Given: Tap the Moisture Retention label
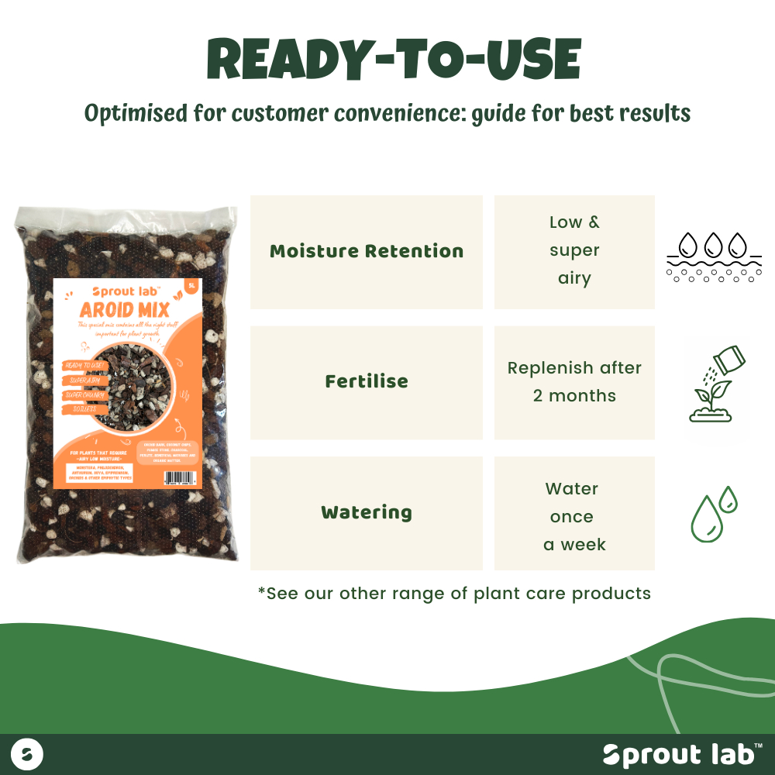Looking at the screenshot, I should point(367,251).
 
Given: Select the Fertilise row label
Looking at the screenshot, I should point(367,381).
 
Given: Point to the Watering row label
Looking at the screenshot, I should point(367,512).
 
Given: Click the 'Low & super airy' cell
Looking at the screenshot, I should point(574,250).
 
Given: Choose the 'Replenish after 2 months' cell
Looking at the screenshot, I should point(574,381).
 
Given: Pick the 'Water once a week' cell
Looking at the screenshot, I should point(574,516).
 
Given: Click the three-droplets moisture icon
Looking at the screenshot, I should point(714,257).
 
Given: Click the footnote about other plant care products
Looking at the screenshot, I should point(454,594).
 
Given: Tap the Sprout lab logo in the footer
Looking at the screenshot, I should point(682,754).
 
